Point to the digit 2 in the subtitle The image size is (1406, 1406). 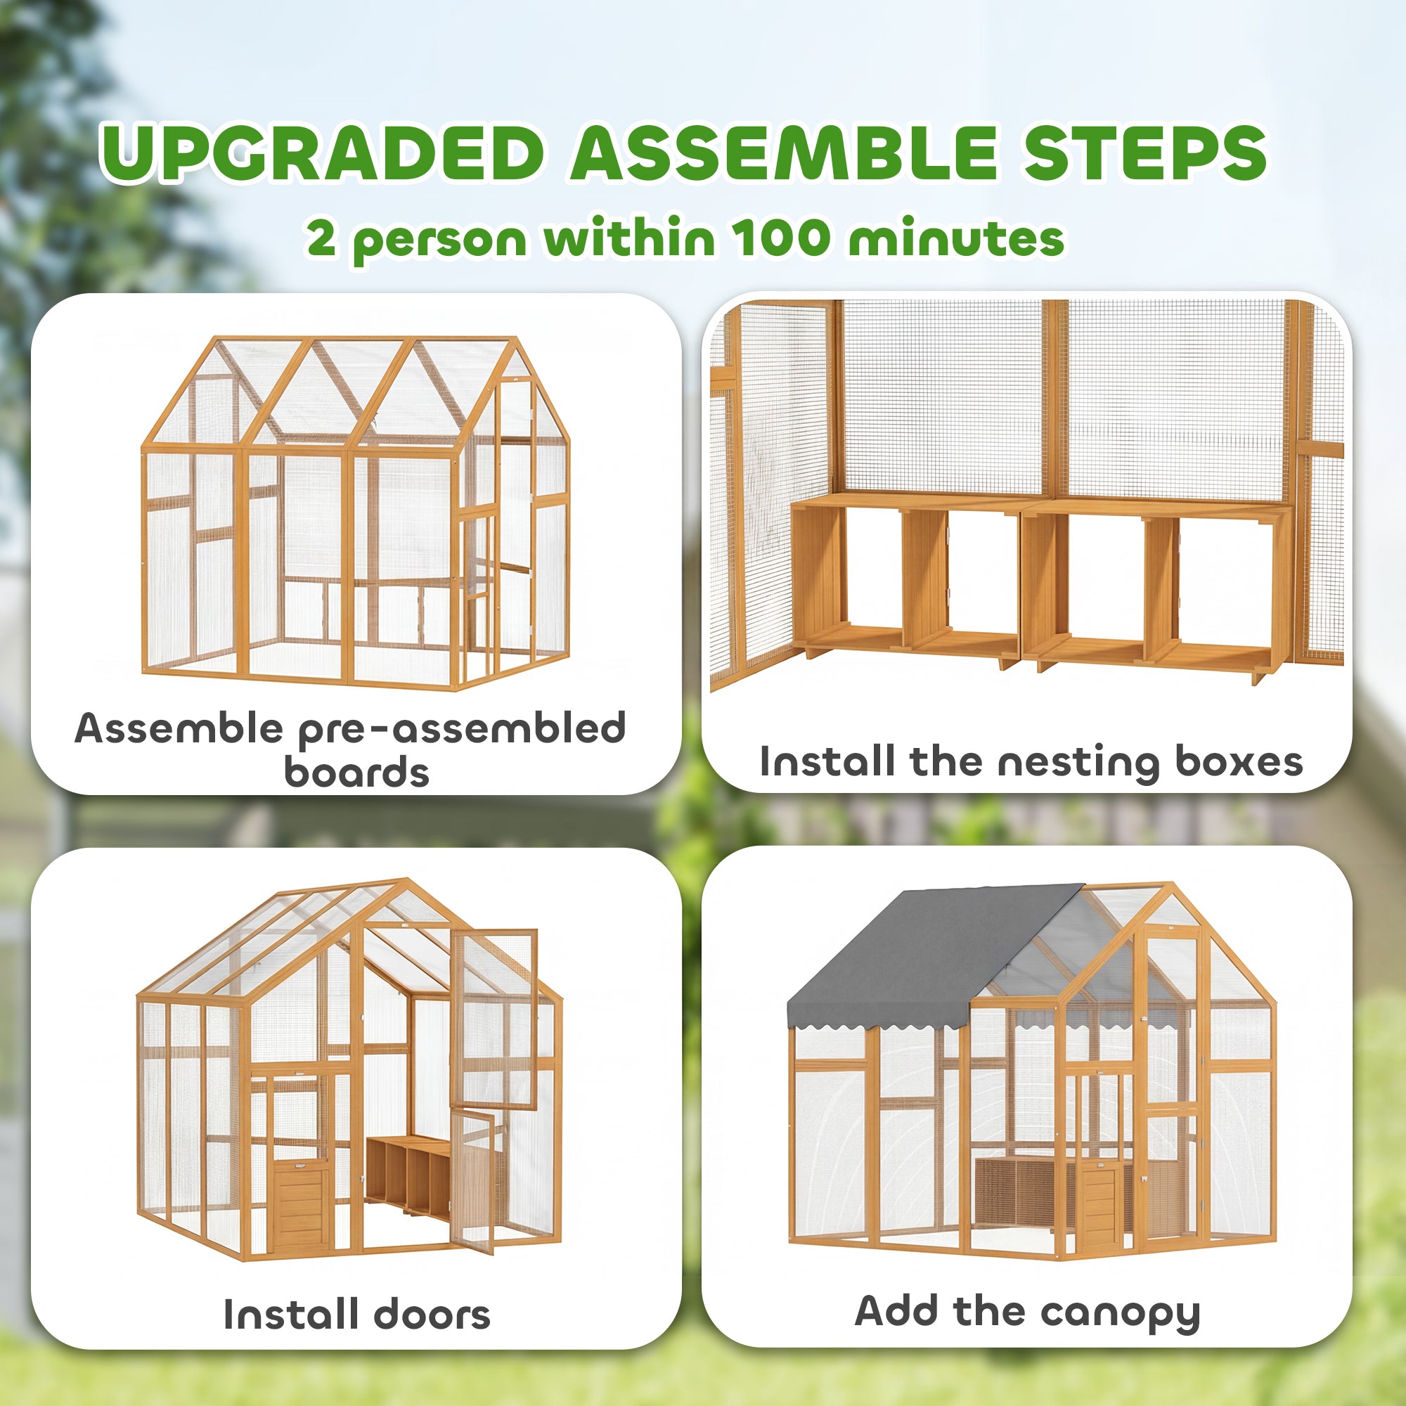[x=321, y=238]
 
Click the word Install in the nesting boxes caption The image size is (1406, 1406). [x=827, y=762]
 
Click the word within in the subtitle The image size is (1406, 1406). [x=629, y=238]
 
